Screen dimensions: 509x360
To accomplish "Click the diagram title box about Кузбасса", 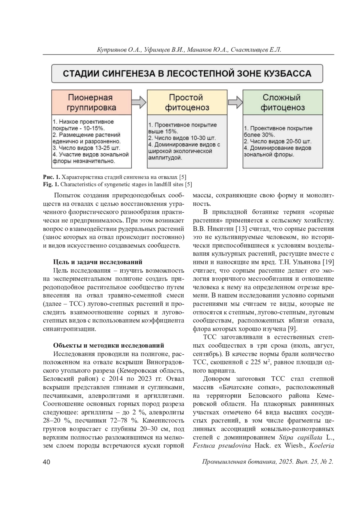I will click(x=187, y=73).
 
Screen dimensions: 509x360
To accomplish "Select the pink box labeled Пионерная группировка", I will click(x=91, y=102).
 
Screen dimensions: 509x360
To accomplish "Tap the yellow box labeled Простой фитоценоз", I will click(x=187, y=102).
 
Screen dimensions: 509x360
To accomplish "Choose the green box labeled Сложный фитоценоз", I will click(x=283, y=102).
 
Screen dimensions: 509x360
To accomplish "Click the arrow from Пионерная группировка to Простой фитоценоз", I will click(x=139, y=102).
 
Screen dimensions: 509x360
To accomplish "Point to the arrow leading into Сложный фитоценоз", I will click(x=235, y=102).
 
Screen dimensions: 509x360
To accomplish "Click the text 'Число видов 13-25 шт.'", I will click(x=86, y=148).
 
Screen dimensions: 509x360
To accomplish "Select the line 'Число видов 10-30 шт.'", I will click(x=182, y=138).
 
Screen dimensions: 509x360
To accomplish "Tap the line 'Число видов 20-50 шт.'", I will click(x=277, y=141).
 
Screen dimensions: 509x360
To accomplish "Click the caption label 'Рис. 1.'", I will click(x=51, y=177).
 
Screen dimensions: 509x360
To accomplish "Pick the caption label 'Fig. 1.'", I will click(x=51, y=184).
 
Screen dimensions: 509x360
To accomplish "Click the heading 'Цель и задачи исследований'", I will click(x=97, y=262).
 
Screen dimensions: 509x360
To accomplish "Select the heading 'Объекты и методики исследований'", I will click(x=109, y=345).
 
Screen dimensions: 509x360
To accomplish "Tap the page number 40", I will click(x=46, y=462).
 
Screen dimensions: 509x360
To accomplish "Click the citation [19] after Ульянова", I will click(x=328, y=262).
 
